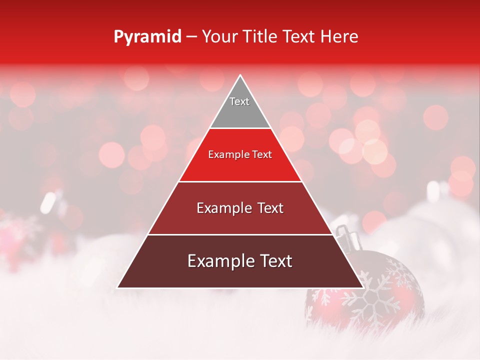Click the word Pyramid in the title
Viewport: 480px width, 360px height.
[147, 37]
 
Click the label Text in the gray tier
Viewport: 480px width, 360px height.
[239, 101]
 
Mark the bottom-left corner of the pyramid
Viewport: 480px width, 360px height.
[117, 287]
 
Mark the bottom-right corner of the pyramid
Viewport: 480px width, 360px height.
[363, 287]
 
